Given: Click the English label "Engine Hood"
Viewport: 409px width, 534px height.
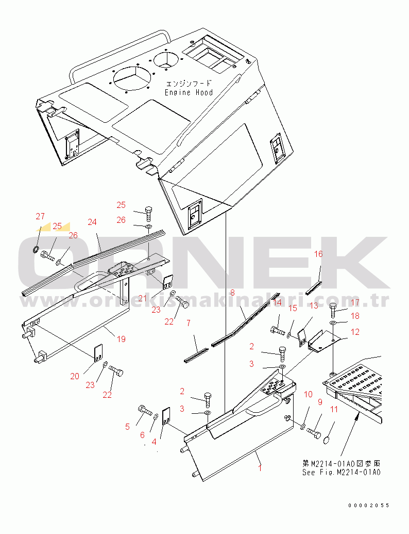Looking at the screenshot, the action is coord(189,93).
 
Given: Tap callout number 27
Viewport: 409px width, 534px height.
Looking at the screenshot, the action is coord(40,216).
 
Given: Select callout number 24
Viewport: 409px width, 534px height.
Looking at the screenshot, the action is coord(92,222).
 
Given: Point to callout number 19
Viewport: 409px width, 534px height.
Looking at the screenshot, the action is coord(122,339).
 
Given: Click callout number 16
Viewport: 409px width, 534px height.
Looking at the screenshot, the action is coord(318,254).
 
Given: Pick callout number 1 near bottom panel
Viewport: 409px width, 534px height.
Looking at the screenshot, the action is coord(260,467).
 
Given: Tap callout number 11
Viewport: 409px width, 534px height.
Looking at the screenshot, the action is coord(334,409).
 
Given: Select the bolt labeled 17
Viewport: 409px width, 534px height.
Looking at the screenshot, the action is coord(333,310).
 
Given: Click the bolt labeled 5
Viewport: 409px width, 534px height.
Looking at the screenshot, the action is coord(144,410).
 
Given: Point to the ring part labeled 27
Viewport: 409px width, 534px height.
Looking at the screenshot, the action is coord(35,250).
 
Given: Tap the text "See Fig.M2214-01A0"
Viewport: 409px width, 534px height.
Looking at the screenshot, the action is coord(342,473).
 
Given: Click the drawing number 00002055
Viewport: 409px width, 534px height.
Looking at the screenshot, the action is coord(369,506).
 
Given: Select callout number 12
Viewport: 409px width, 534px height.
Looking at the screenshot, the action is coord(355,332).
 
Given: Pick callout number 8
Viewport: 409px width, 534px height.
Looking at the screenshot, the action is coord(232,293).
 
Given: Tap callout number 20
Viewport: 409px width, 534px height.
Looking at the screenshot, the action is coord(75,376).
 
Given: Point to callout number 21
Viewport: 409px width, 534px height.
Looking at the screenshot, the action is coord(143,298).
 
